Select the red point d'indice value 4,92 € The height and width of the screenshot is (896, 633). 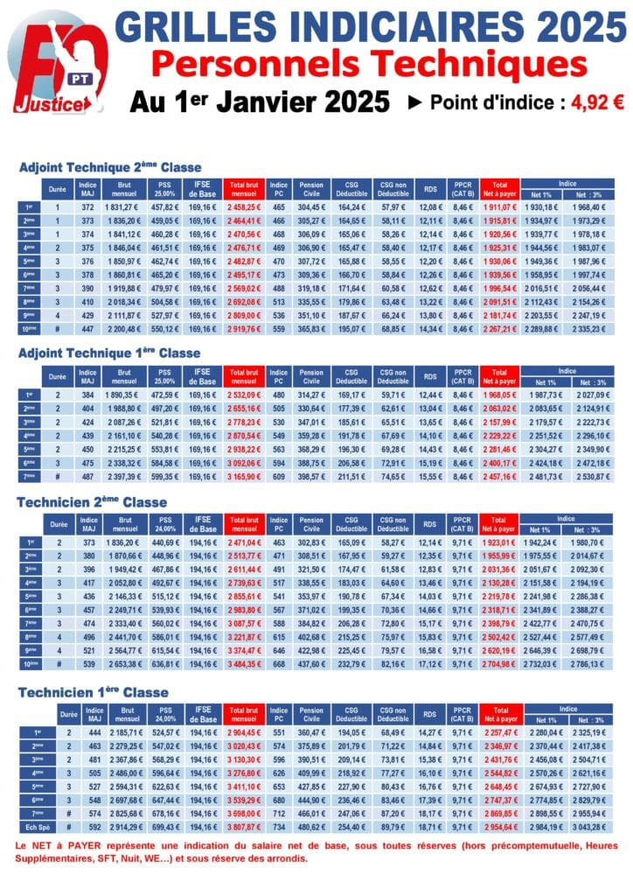pos(597,101)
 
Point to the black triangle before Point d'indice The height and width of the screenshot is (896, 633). pos(415,102)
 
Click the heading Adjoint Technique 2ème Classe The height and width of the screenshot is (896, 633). pos(110,167)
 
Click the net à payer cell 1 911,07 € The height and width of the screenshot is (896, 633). pos(500,206)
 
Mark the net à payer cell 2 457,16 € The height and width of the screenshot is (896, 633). pos(500,477)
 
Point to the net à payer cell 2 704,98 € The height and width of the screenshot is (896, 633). pos(500,663)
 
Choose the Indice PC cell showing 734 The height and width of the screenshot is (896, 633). pos(279,826)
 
